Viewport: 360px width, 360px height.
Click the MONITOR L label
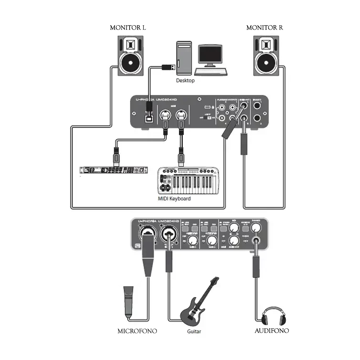(x=128, y=28)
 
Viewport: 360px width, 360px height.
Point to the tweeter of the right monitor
(x=266, y=45)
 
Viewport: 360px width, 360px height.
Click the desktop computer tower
(x=185, y=58)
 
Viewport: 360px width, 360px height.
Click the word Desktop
(x=185, y=80)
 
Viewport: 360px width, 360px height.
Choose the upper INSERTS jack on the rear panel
(x=257, y=106)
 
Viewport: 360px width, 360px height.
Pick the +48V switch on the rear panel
(x=207, y=118)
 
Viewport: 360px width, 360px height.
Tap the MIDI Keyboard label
(x=174, y=198)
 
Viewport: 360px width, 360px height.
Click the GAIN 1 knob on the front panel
(x=193, y=241)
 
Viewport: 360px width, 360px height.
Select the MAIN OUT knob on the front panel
(x=235, y=240)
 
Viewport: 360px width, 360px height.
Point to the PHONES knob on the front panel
(x=256, y=228)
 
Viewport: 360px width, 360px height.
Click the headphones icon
(x=274, y=316)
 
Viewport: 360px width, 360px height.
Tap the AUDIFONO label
(x=271, y=331)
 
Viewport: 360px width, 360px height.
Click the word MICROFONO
(x=137, y=331)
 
